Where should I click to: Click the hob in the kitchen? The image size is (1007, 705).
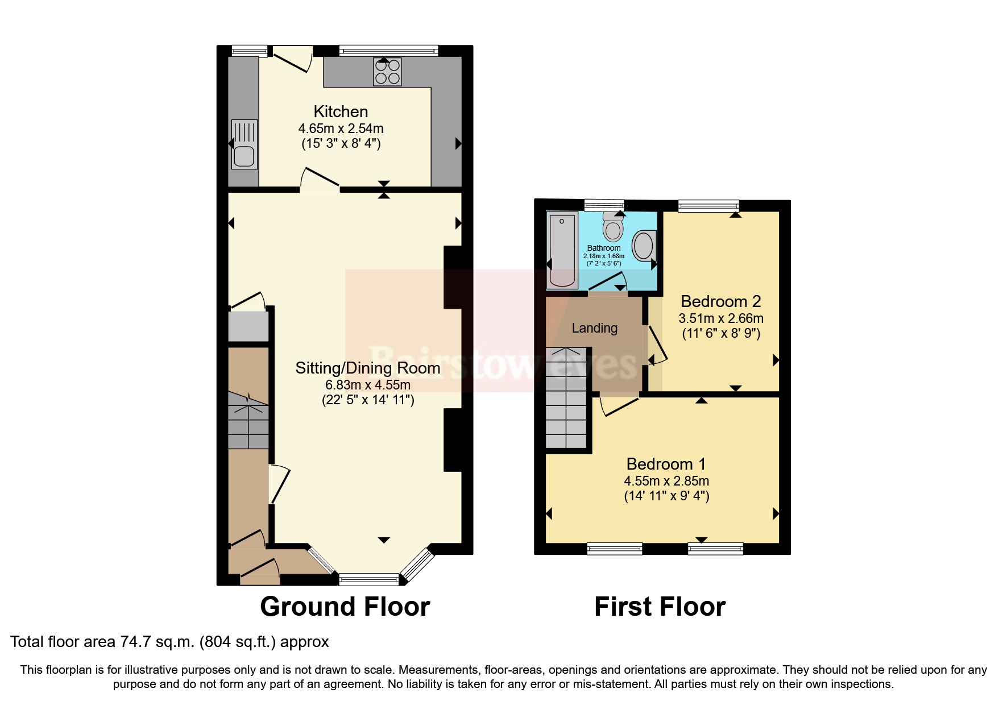point(387,72)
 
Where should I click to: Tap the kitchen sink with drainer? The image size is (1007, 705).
point(244,144)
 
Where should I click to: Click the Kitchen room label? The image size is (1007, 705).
point(341,111)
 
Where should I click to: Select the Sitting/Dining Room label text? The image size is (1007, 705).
point(367,368)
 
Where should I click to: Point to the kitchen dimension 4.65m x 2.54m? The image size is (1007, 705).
point(341,128)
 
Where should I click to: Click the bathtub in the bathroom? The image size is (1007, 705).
point(562,250)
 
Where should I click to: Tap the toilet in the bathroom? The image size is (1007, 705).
point(613,227)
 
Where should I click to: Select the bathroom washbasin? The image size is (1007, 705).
point(644,246)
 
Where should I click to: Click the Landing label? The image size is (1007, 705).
point(594,328)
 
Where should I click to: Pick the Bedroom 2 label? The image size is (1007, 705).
point(720,301)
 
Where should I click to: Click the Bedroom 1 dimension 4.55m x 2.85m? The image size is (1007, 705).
point(666,481)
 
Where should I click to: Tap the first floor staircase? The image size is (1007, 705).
point(566,398)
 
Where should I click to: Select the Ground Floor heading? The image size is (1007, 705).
point(345,607)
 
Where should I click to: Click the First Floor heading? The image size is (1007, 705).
point(660,607)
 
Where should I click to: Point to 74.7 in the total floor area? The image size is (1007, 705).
point(135,642)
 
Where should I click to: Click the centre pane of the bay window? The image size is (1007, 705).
point(368,579)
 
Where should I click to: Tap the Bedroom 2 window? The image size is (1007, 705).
point(708,206)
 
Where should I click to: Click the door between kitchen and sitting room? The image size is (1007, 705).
point(320,179)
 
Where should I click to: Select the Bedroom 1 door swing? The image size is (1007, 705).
point(618,405)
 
